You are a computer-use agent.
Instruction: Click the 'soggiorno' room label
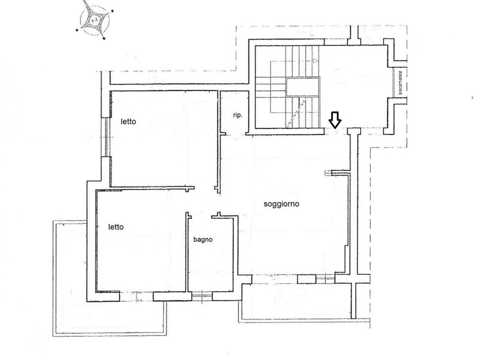tap(281, 204)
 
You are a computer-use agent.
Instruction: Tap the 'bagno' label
tap(203, 239)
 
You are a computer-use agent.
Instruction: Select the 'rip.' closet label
tap(238, 115)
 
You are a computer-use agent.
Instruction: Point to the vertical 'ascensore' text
tap(400, 83)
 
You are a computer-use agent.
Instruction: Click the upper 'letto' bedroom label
tap(128, 122)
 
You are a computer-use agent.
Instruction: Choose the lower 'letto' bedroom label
tap(116, 227)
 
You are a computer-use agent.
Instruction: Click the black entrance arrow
tap(335, 119)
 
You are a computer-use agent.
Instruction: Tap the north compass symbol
tap(95, 20)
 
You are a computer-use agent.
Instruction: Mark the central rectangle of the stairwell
tap(302, 86)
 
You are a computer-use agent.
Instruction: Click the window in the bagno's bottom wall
tap(202, 296)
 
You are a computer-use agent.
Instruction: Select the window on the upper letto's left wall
tap(106, 137)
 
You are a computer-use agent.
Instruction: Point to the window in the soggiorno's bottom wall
tap(325, 278)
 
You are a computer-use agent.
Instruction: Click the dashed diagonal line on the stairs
tap(296, 111)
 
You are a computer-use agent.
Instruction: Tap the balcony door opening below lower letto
tap(136, 296)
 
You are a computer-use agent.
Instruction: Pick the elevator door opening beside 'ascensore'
tap(394, 83)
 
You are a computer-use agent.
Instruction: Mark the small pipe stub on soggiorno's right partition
tap(328, 173)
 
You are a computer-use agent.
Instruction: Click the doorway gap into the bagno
tap(201, 216)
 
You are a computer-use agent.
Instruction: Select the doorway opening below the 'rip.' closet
tap(236, 134)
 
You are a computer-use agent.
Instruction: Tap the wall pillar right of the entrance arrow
tap(354, 131)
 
